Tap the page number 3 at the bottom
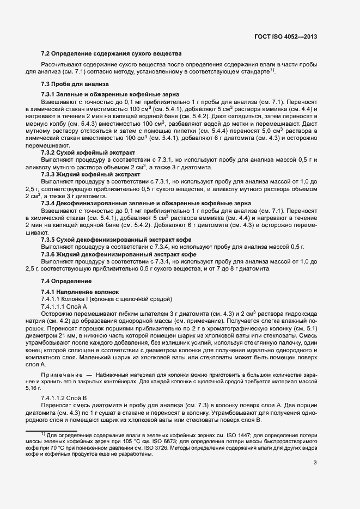pos(315,463)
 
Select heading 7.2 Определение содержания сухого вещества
pos(112,53)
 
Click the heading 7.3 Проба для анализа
pos(75,84)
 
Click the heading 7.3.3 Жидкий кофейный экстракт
pos(83,174)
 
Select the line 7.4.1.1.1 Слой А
pos(64,306)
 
